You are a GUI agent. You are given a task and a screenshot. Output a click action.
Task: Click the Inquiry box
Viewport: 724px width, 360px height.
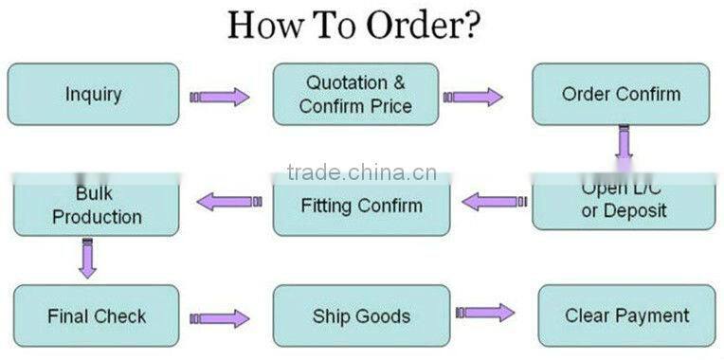coord(93,94)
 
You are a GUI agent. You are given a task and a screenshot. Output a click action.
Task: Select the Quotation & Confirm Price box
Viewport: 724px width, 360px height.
coord(355,94)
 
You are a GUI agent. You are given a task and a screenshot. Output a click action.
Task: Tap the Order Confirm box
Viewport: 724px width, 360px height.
coord(621,94)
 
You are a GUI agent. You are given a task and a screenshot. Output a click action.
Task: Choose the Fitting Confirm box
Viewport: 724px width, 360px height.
coord(361,205)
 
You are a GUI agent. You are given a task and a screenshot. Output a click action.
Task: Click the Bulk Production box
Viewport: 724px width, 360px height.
coord(97,205)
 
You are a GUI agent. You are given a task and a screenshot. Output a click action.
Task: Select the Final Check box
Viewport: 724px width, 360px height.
coord(97,315)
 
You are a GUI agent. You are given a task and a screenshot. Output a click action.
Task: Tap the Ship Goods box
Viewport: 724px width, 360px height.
coord(361,315)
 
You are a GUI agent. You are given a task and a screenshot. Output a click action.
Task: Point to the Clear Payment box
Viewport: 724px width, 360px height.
coord(626,315)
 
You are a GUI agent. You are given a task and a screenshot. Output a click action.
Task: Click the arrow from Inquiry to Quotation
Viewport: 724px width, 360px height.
coord(219,97)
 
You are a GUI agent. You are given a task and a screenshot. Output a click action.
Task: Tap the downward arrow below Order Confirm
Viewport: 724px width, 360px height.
coord(623,142)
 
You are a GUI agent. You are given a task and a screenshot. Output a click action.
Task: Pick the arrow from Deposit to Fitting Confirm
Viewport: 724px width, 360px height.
coord(494,202)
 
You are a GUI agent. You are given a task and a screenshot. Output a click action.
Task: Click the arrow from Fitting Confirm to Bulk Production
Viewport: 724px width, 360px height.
coord(228,201)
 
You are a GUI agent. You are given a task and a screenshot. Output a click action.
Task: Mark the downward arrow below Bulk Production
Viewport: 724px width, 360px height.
coord(87,258)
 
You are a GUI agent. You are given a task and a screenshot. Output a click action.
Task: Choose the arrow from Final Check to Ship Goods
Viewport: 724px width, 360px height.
coord(219,319)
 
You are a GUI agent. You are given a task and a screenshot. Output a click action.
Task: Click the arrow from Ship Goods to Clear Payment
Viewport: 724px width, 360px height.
coord(484,313)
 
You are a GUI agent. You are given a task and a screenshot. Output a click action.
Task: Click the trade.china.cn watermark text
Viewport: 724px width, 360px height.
coord(361,172)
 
